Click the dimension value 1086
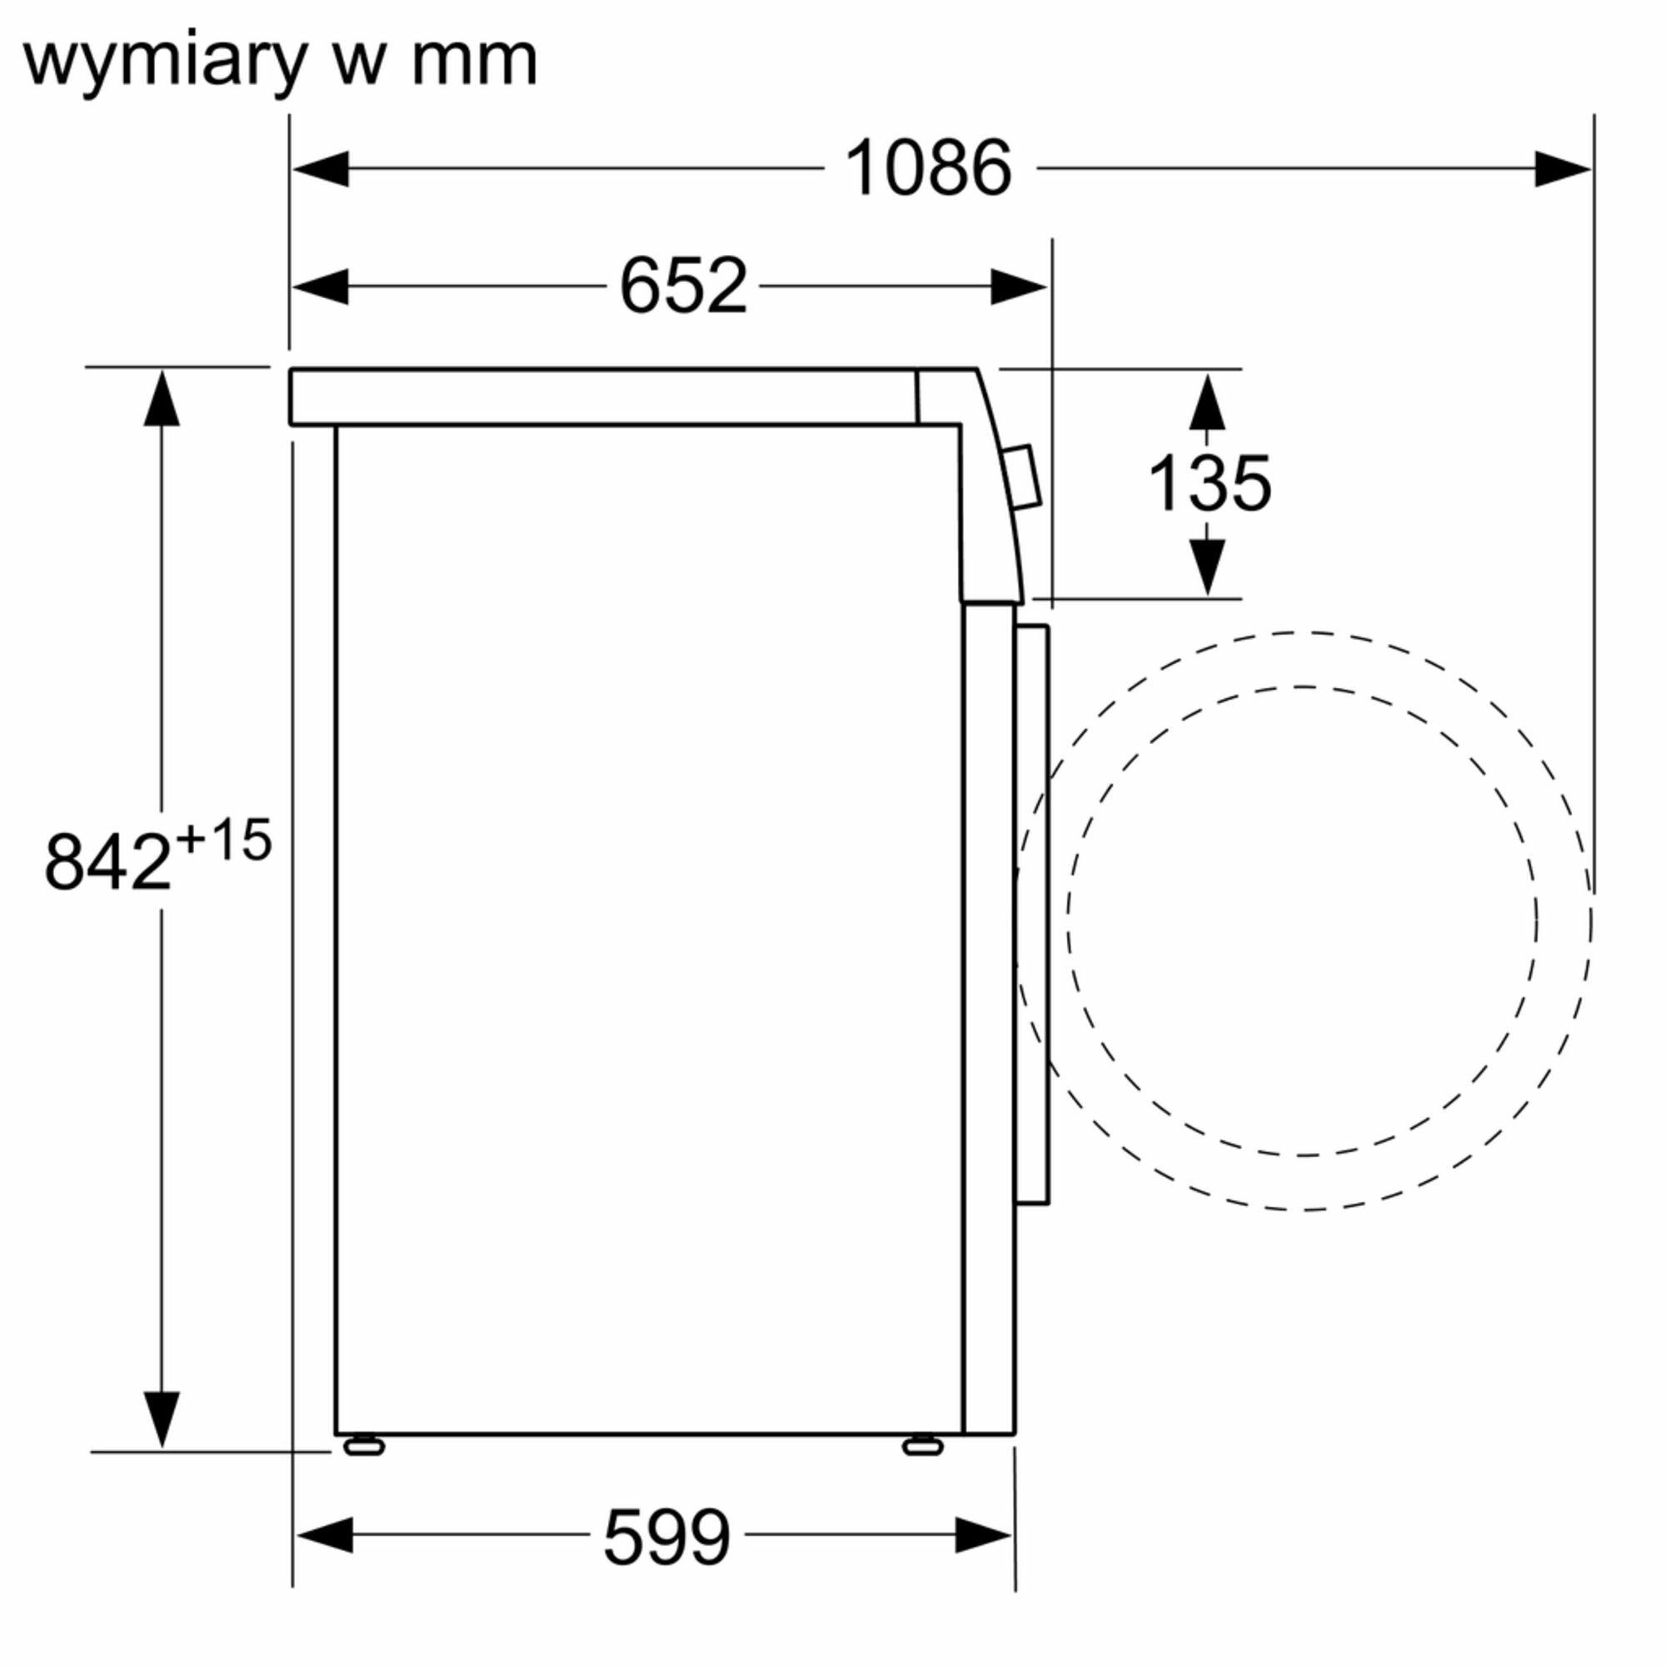[928, 168]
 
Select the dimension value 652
[682, 286]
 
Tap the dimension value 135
[1209, 484]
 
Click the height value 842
[107, 862]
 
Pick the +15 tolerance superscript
[223, 840]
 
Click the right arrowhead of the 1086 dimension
[1562, 168]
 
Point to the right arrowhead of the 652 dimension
[1018, 287]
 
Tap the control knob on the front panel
[1023, 476]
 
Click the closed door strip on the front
[1032, 914]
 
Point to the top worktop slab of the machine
[604, 397]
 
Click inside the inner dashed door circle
[1302, 921]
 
